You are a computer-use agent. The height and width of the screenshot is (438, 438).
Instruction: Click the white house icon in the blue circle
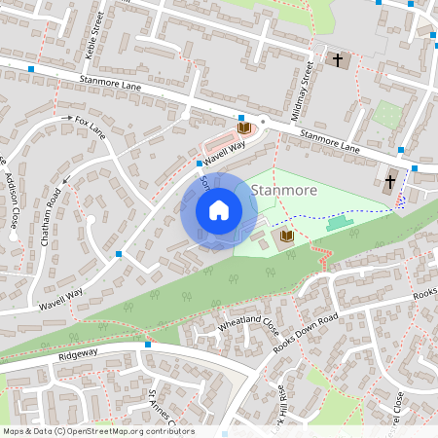click(x=219, y=210)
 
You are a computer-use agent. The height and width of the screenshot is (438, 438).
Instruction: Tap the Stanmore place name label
click(x=283, y=190)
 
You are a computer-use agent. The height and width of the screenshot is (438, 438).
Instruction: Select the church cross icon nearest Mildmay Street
click(x=338, y=60)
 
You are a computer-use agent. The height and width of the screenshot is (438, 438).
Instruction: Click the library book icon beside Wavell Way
click(x=243, y=127)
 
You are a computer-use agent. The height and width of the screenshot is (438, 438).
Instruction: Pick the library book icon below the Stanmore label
click(x=286, y=237)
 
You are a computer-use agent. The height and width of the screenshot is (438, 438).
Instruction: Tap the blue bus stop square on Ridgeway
click(x=148, y=344)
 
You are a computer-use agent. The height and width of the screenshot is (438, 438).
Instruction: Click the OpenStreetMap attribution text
click(x=97, y=430)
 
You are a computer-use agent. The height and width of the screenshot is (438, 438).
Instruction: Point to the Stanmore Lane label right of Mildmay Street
click(x=330, y=142)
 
